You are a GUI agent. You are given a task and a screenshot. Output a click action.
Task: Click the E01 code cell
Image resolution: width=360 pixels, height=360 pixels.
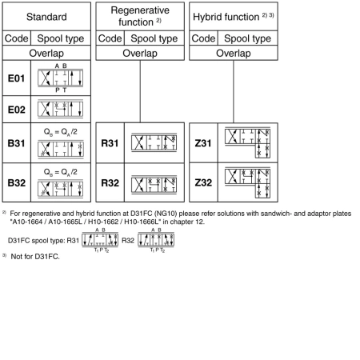tap(17, 78)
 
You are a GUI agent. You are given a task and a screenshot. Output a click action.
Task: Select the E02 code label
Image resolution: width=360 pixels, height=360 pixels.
tap(17, 110)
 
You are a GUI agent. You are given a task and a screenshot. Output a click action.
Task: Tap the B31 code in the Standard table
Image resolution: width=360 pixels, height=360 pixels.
tap(17, 143)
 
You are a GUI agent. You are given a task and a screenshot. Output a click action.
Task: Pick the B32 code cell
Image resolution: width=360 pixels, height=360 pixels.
tap(17, 183)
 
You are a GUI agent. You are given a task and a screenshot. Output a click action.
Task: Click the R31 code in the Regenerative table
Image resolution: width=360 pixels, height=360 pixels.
tap(110, 143)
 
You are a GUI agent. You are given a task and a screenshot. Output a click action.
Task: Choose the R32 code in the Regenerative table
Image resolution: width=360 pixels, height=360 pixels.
tap(110, 183)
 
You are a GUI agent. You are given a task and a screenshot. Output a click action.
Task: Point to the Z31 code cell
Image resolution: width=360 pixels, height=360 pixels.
tap(203, 143)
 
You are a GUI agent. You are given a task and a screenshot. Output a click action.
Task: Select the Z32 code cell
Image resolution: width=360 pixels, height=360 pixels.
tap(203, 182)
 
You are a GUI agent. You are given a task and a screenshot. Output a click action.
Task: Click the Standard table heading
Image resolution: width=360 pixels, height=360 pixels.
tap(46, 17)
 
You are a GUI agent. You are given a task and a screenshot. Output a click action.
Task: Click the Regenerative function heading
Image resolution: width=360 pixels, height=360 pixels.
tap(140, 16)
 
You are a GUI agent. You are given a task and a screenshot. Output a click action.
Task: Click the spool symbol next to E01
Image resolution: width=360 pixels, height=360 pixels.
tap(61, 78)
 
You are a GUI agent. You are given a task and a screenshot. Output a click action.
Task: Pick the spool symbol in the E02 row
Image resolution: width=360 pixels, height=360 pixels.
tap(61, 109)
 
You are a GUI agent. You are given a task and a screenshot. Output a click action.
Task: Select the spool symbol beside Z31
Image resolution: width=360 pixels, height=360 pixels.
tap(248, 142)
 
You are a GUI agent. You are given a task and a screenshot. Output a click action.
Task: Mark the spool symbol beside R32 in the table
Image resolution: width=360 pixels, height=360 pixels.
tap(154, 184)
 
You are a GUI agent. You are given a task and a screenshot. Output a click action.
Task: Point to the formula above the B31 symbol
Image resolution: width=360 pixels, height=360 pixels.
tap(61, 132)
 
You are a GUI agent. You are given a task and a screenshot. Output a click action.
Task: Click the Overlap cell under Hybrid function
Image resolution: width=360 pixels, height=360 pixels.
tap(234, 53)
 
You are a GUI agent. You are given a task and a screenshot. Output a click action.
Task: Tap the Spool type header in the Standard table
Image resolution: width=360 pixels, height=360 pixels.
tap(61, 38)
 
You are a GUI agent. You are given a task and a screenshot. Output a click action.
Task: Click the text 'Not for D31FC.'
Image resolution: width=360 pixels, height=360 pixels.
tap(35, 257)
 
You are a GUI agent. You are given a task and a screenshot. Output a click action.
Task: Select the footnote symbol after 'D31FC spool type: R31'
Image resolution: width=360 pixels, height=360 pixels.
tap(100, 240)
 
